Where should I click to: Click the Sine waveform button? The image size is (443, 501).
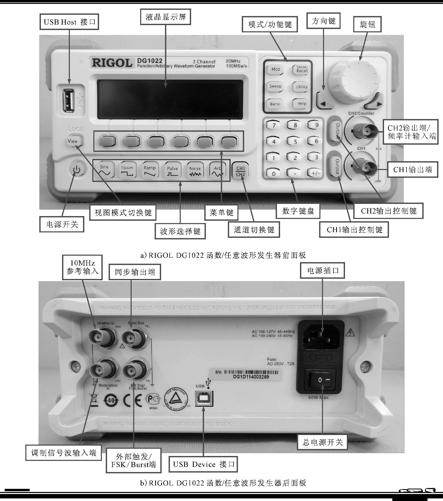point(104,170)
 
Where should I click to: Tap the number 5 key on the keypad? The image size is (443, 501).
point(295,141)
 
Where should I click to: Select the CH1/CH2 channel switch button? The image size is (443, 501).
point(241,171)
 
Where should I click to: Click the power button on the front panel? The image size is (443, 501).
point(77,170)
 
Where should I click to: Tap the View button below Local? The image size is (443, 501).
point(73,141)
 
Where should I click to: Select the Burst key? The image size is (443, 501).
point(275,104)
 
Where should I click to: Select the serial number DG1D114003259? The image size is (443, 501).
point(251,377)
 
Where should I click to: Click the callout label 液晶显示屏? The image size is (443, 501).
point(166,17)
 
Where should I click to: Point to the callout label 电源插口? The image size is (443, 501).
point(322,271)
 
